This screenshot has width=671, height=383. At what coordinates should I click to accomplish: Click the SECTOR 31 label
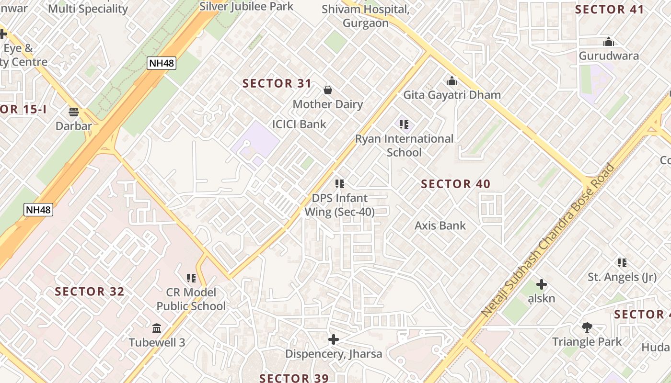click(x=277, y=83)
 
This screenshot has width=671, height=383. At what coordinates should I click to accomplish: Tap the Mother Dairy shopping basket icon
click(x=328, y=90)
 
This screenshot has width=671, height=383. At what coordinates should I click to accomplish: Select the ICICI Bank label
click(x=299, y=124)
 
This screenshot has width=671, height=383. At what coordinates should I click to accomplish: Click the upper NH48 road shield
click(x=162, y=63)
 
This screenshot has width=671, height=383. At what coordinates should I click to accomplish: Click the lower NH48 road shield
click(x=39, y=209)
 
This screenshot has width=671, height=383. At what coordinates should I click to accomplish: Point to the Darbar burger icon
click(x=73, y=112)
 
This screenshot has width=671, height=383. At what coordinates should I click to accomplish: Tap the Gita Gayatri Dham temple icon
click(x=451, y=81)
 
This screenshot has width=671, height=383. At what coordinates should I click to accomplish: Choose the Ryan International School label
click(x=404, y=146)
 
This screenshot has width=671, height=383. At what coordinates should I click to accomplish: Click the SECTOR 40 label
click(x=455, y=184)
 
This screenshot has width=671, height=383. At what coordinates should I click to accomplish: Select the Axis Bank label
click(x=440, y=225)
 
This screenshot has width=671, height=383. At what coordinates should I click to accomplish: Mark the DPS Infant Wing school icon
click(x=340, y=183)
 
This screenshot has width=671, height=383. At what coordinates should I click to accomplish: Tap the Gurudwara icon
click(x=609, y=42)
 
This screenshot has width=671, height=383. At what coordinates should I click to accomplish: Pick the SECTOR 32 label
click(x=90, y=292)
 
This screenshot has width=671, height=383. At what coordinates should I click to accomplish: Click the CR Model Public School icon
click(x=191, y=278)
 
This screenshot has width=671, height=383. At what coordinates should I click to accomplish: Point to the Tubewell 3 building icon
click(x=157, y=328)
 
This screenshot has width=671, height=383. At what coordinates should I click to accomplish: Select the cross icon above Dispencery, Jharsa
click(x=334, y=340)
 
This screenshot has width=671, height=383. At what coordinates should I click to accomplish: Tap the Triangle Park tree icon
click(x=587, y=327)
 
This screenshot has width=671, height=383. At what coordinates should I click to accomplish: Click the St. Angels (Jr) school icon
click(x=622, y=262)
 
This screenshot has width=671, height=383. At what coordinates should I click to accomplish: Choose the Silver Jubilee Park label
click(x=246, y=6)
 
